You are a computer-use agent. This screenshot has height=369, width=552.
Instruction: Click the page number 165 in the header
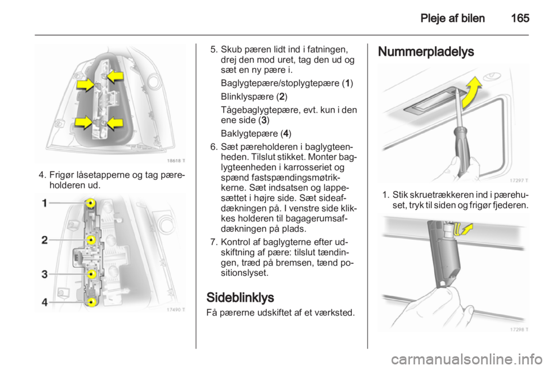(519, 18)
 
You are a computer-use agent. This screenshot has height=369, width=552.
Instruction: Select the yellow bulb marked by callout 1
(91, 203)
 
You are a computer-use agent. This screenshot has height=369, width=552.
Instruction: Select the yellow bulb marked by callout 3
(91, 274)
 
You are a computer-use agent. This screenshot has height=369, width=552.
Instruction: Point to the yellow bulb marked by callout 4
(91, 301)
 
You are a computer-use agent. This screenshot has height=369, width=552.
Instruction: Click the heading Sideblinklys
(240, 298)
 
